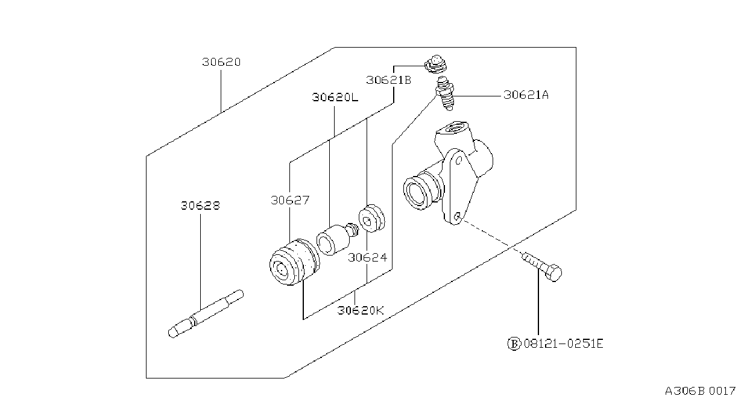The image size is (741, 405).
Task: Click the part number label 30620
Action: (x=221, y=62)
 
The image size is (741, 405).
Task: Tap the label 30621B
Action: (x=388, y=80)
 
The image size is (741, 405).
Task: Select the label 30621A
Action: (x=526, y=95)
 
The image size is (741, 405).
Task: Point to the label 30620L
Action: (x=335, y=98)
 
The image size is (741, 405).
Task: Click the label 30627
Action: (x=290, y=200)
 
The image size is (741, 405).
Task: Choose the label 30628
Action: (x=200, y=206)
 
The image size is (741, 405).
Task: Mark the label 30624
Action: (x=367, y=257)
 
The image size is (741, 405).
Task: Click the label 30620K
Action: (x=360, y=310)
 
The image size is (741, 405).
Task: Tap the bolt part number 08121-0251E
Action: (x=564, y=344)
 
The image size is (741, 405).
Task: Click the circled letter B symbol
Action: (x=514, y=344)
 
